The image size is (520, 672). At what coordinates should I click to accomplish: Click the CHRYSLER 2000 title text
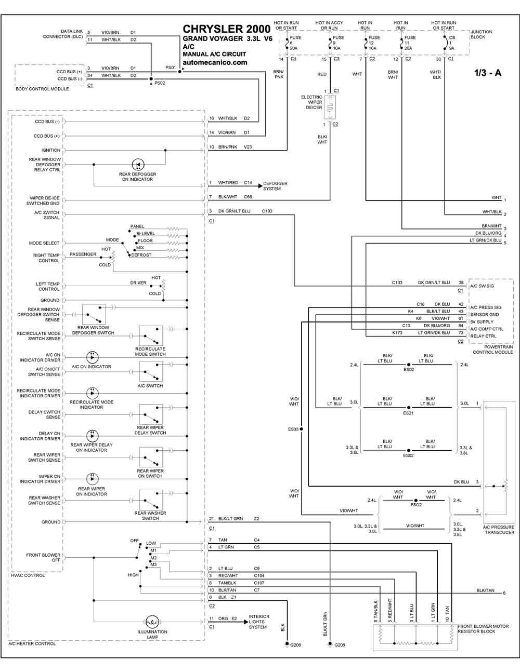pos(227,29)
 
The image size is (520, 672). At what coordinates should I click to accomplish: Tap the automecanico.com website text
pos(215,62)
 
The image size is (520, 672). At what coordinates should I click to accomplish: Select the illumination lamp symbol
pos(152,622)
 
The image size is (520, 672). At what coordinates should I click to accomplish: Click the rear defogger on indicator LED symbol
pos(138,165)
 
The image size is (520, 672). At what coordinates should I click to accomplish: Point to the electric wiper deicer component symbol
pos(330,107)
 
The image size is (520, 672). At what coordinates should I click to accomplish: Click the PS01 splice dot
pos(179,72)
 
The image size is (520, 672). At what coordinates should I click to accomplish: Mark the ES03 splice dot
pos(301,429)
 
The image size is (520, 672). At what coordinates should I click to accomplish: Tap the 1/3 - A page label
pos(488,73)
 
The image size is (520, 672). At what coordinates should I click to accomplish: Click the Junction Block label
pos(482,34)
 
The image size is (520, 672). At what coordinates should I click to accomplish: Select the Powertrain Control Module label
pos(493,350)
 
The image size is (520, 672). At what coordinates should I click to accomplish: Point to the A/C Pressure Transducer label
pos(499,529)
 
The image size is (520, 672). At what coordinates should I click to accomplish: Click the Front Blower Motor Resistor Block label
pos(483,629)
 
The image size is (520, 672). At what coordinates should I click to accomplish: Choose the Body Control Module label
pos(43,89)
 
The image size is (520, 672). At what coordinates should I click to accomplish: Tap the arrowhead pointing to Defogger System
pos(261,186)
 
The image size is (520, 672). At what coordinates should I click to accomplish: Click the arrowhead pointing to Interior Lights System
pos(246,622)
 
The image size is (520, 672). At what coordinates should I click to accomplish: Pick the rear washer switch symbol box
pos(151,500)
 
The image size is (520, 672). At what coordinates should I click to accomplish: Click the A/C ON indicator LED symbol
pos(92,357)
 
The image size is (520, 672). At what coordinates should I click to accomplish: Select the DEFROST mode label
pos(141,255)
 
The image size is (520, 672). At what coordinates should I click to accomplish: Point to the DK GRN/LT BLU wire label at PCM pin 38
pos(434,283)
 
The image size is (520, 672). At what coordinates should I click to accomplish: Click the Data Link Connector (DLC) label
pos(63,34)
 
